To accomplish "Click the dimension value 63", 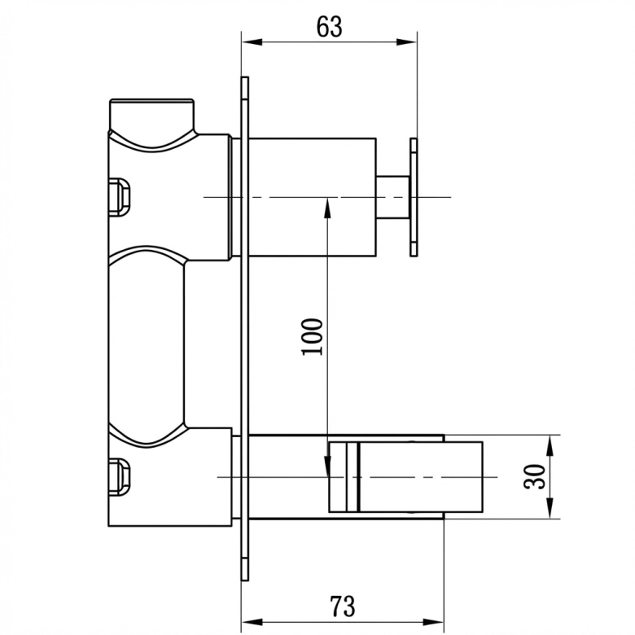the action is click(x=329, y=27).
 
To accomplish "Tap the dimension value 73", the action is click(x=342, y=607).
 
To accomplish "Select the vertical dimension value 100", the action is click(x=313, y=337).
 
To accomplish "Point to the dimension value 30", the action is click(x=535, y=476).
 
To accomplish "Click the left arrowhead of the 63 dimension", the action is click(x=252, y=42).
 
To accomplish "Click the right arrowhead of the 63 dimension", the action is click(x=406, y=42).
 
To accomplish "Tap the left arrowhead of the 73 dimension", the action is click(x=252, y=622).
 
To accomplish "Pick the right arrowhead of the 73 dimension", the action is click(x=434, y=622).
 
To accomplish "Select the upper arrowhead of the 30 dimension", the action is click(x=550, y=445).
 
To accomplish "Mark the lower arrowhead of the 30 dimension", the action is click(x=550, y=508).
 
